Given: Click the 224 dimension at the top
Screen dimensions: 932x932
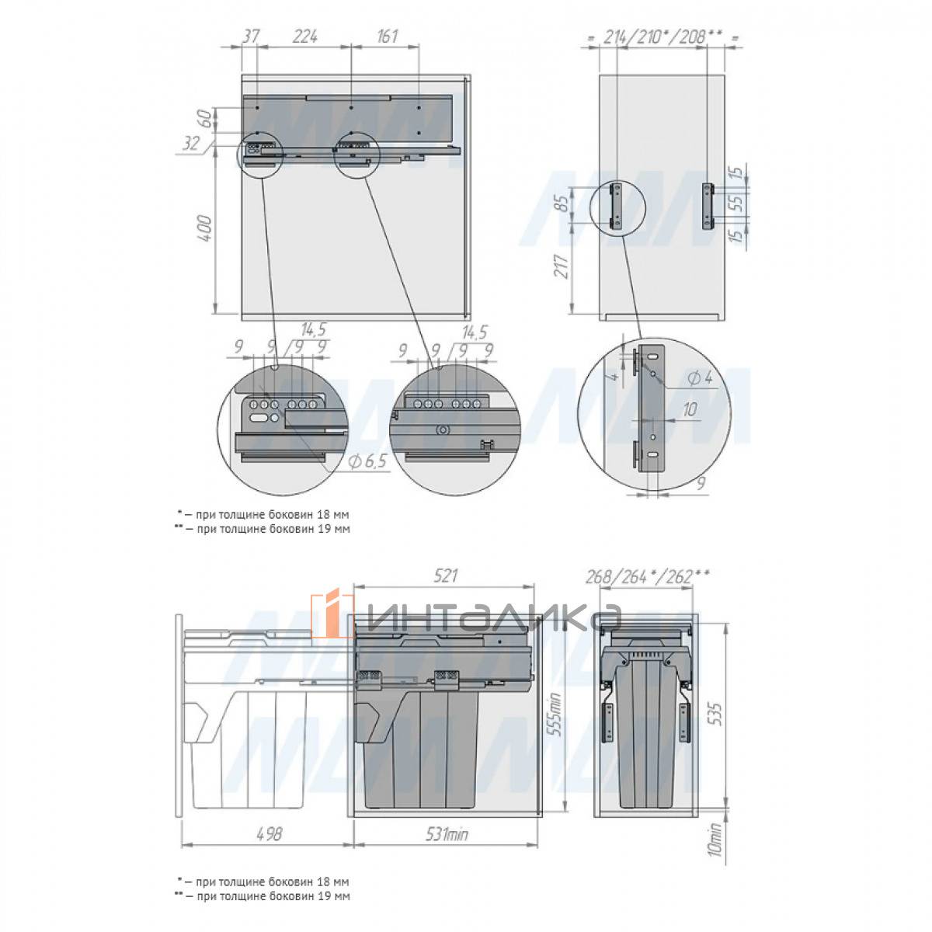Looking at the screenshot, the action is pos(304,37).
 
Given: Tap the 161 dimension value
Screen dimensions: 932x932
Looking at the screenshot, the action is pos(386,37).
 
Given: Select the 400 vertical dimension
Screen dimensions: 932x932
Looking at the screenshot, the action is pos(205,229).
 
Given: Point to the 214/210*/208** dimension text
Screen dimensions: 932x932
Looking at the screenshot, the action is pos(662,37).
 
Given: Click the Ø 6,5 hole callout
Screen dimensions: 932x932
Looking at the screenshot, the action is pos(368,461).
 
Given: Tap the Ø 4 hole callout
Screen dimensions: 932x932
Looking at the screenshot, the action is pos(700,377).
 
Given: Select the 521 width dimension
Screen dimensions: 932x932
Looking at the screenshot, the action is pos(444,576).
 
